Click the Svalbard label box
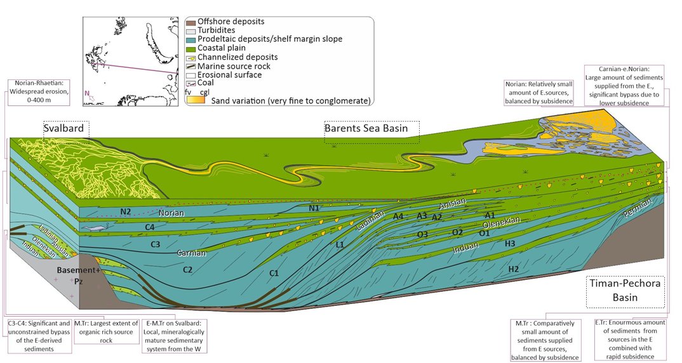click(66, 129)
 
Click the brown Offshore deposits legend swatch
click(191, 22)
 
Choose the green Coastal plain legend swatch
click(191, 48)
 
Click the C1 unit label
click(274, 273)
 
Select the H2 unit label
click(514, 270)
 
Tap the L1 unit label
click(340, 244)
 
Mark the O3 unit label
click(422, 235)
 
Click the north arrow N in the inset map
click(88, 93)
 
